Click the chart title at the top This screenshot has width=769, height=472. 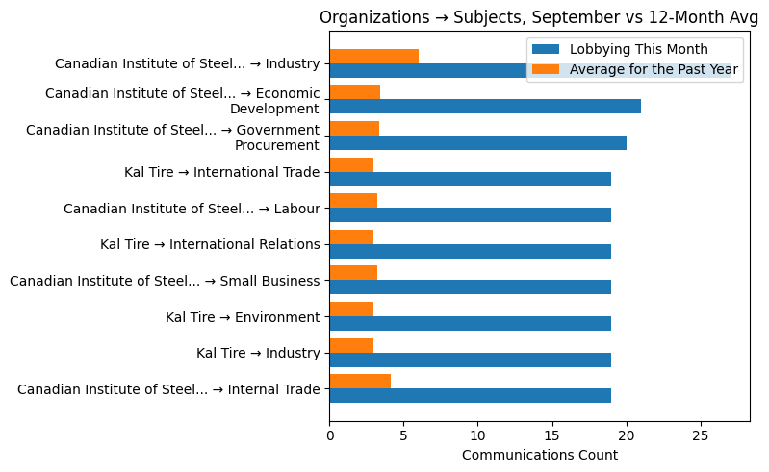click(x=538, y=17)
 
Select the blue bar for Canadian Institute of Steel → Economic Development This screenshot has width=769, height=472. click(x=485, y=107)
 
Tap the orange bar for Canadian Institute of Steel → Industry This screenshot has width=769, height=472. click(x=373, y=56)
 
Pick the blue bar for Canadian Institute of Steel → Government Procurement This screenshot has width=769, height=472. click(x=477, y=143)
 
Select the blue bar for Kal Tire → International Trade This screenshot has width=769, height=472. click(x=470, y=179)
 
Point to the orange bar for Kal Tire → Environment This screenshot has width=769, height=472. click(x=351, y=309)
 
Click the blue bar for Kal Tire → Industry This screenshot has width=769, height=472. click(x=470, y=360)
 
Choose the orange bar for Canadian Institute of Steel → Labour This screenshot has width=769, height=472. click(x=353, y=201)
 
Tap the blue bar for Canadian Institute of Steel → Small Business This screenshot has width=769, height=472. click(x=470, y=287)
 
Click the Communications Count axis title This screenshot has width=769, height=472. click(x=540, y=455)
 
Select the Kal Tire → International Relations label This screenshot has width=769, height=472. click(x=210, y=244)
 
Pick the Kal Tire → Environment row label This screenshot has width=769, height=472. click(x=243, y=317)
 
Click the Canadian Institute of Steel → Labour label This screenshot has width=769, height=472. click(x=192, y=209)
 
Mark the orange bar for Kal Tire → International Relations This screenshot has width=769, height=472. click(x=351, y=236)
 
